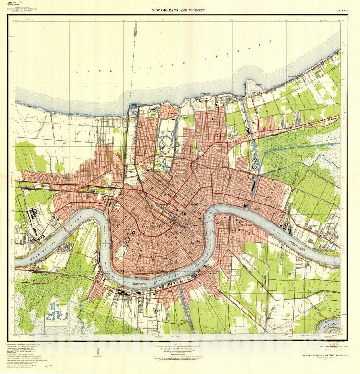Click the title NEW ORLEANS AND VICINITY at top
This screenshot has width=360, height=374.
click(178, 10)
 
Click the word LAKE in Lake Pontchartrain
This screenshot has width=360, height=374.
click(89, 71)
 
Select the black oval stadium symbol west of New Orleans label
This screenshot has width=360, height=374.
click(133, 233)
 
